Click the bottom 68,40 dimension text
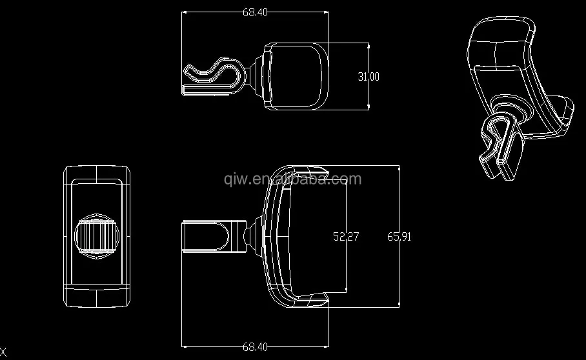point(255,347)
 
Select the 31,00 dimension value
point(369,77)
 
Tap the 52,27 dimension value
point(346,236)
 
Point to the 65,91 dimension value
point(399,236)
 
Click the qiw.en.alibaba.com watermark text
point(292,179)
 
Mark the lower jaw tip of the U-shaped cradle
point(317,299)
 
